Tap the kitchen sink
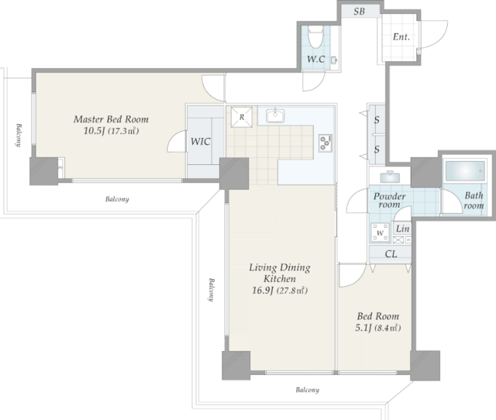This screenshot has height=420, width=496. (275, 115)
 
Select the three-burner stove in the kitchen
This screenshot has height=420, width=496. (325, 143)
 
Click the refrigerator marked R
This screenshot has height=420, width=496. (242, 117)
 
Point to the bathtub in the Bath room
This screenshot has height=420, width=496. (465, 172)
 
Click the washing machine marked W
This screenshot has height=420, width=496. (381, 232)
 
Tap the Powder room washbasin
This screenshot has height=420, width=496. (389, 177)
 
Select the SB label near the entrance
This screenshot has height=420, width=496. (359, 12)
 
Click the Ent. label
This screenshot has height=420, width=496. (401, 37)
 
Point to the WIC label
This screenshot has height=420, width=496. (200, 141)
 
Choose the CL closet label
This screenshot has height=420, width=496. (391, 254)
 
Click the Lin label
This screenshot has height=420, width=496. (403, 229)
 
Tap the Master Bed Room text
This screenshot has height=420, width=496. (111, 119)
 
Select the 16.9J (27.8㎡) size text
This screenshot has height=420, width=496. (280, 291)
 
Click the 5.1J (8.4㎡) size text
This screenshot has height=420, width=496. (378, 328)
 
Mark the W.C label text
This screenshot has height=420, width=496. (316, 59)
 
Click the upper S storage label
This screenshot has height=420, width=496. (377, 120)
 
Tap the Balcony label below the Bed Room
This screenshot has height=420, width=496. (308, 390)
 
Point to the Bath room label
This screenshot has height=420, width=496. (474, 201)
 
